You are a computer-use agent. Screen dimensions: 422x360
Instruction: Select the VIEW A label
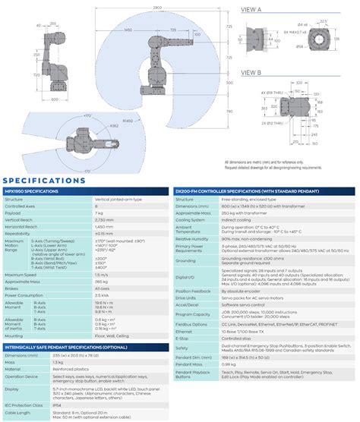251,10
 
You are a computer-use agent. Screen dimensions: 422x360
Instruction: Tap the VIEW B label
251,74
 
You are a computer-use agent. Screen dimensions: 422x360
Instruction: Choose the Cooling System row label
192,219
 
